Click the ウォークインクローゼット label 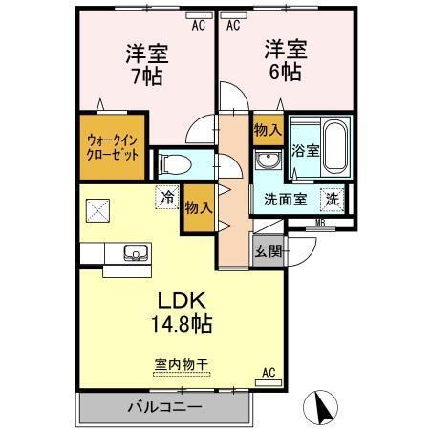click(113, 146)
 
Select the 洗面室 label click(279, 201)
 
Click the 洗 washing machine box click(330, 200)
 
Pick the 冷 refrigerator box click(168, 199)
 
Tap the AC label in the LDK click(269, 372)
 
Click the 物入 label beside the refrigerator click(198, 207)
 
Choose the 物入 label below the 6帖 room click(267, 130)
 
